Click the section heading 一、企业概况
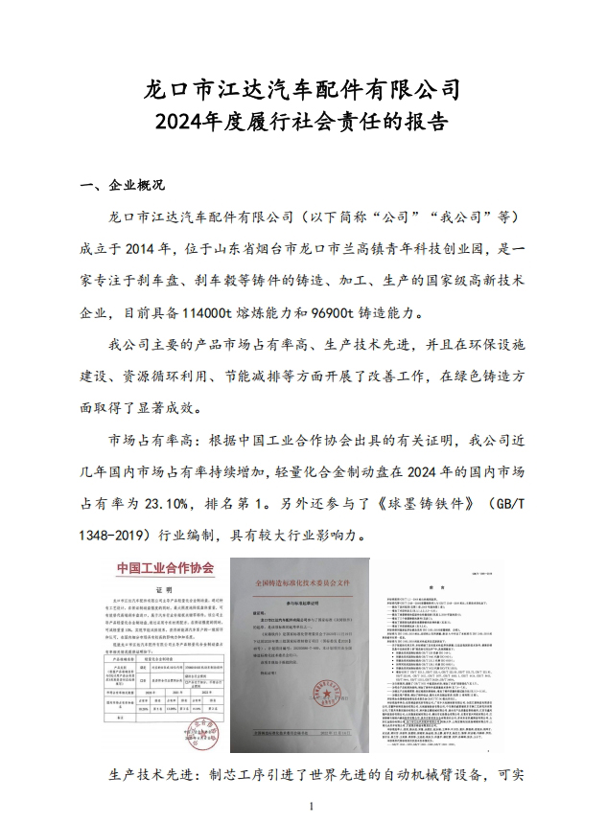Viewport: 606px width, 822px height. tap(122, 185)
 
